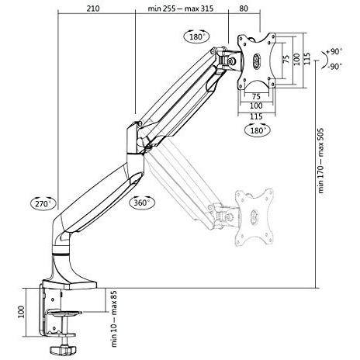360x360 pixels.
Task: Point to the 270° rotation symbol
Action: [x=42, y=203]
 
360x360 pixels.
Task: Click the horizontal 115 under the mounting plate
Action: [x=256, y=116]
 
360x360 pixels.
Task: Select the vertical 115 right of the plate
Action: [x=307, y=60]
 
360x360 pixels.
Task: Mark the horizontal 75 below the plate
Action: [x=256, y=96]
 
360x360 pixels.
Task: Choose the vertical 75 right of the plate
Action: [x=286, y=60]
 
